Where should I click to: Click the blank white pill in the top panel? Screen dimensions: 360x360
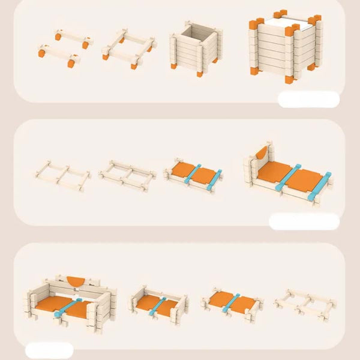click(x=308, y=99)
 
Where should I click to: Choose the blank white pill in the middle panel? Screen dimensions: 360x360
click(x=304, y=221)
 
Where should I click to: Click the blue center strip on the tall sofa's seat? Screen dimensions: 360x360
click(x=68, y=307)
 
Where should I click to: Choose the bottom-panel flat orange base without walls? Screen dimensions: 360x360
click(x=232, y=302)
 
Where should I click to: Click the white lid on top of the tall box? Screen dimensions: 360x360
click(x=283, y=23)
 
